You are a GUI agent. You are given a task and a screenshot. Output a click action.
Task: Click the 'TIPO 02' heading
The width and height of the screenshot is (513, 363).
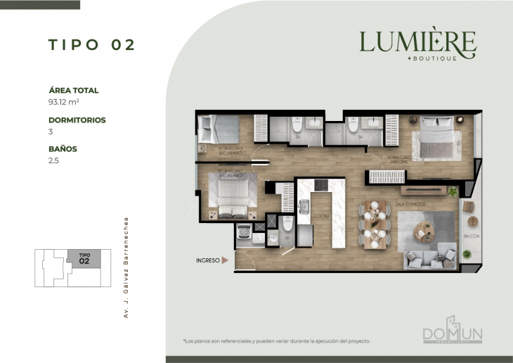[91, 45]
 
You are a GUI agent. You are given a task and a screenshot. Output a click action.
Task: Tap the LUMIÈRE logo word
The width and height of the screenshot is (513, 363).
[417, 42]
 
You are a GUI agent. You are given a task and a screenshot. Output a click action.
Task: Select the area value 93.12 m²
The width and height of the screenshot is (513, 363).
[63, 102]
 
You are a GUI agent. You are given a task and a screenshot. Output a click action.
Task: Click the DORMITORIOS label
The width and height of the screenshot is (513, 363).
[77, 120]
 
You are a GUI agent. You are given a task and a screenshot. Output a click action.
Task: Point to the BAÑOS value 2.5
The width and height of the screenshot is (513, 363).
[54, 161]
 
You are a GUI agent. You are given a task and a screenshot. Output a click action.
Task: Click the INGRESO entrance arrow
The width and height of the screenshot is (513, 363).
[225, 260]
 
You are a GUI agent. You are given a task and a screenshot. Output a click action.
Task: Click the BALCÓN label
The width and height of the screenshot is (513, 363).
[471, 236]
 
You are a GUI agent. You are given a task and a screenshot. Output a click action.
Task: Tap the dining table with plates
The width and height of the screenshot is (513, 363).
[374, 225]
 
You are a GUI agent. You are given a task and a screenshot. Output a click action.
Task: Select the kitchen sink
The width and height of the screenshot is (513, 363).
[305, 206]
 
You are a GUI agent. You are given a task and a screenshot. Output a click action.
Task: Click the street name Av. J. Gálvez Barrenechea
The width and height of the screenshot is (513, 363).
[126, 267]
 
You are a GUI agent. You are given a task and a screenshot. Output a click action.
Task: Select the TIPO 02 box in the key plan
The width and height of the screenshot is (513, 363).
[84, 258]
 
